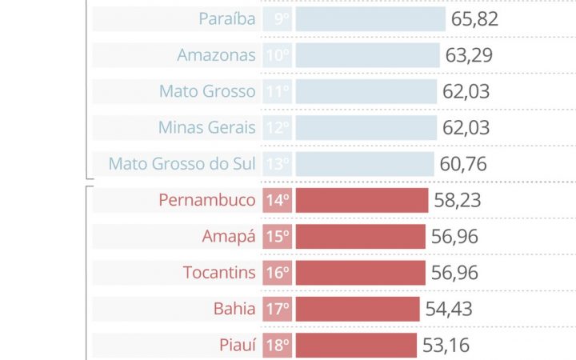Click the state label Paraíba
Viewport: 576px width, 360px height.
click(227, 19)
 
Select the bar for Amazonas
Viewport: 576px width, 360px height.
click(367, 55)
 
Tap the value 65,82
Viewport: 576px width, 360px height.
click(474, 19)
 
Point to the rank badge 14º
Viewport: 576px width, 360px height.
click(278, 200)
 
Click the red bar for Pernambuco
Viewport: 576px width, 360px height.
click(362, 200)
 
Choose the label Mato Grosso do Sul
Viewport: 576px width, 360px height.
click(182, 164)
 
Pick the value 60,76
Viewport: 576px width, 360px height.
click(463, 164)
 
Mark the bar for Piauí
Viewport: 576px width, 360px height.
click(356, 346)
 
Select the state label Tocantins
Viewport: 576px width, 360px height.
click(219, 273)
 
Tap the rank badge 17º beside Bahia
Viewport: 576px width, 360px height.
click(278, 309)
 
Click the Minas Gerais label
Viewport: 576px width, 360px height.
click(207, 128)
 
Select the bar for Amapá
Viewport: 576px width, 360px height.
click(360, 237)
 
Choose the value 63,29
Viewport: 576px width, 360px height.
click(469, 55)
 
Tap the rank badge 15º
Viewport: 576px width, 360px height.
click(278, 237)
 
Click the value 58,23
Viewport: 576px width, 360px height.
click(458, 200)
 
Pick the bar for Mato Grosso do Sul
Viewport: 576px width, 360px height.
click(365, 164)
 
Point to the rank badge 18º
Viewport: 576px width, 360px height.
click(278, 346)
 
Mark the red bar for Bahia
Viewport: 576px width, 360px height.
click(358, 309)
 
